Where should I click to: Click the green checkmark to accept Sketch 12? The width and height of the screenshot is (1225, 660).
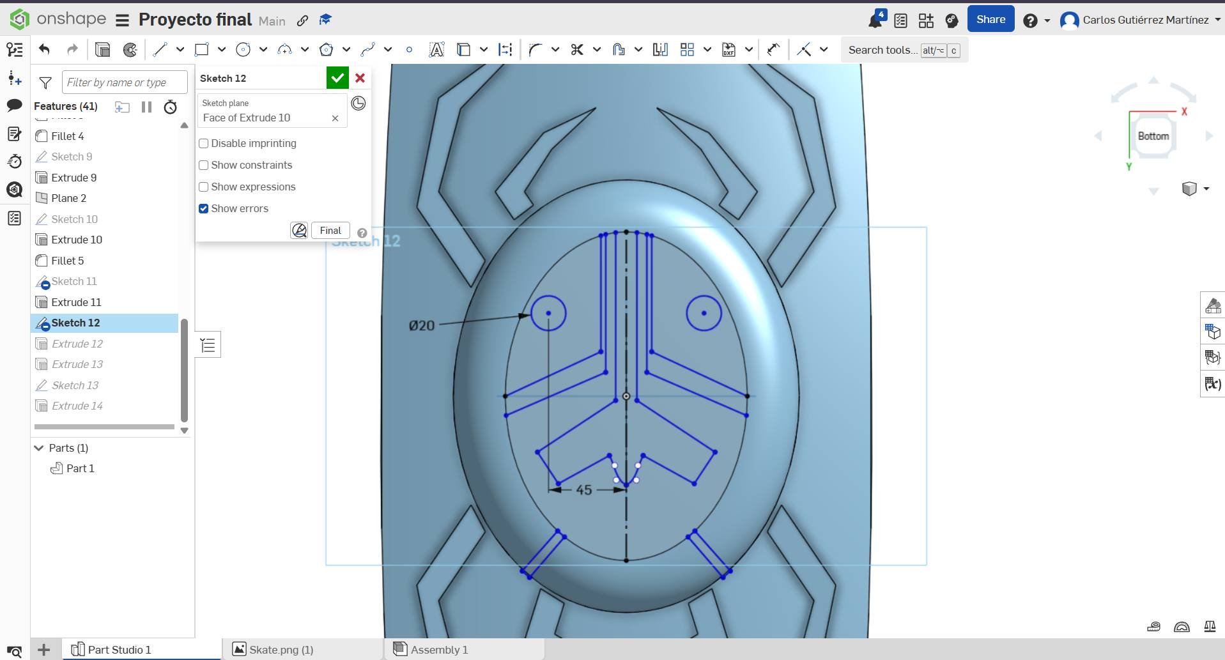coord(337,78)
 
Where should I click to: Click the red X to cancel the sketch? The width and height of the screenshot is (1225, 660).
coord(360,78)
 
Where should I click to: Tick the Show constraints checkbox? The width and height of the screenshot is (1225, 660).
coord(204,165)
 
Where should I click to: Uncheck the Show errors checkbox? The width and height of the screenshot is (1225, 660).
coord(204,208)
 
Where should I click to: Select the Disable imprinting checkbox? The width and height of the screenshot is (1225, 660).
coord(204,143)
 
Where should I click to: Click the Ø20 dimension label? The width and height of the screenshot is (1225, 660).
coord(422,326)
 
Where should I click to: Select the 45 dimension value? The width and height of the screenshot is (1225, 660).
coord(584,490)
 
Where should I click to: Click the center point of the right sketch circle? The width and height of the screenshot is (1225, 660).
coord(704,313)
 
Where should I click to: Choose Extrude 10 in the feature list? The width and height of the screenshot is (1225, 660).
coord(77,240)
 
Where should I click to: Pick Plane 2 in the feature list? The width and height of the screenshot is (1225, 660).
coord(68,198)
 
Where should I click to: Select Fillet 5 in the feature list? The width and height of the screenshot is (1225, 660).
coord(67,261)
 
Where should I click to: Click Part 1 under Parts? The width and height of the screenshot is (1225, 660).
coord(80,468)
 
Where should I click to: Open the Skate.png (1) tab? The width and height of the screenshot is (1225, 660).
coord(281,650)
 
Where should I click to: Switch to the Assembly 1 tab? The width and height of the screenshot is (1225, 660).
coord(439,650)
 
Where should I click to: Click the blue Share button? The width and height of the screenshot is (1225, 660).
coord(990,20)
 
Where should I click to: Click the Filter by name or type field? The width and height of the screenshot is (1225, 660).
coord(125,82)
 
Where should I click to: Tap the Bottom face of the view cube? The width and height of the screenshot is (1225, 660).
coord(1153,136)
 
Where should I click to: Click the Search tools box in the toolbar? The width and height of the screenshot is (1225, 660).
coord(882,50)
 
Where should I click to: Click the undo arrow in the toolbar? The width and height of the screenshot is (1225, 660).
coord(44,49)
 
